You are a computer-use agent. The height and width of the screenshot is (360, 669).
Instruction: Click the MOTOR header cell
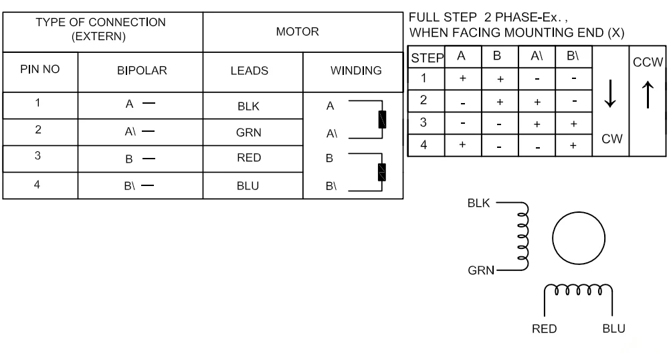pos(298,31)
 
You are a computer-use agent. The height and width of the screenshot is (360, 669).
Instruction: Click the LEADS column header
pos(249,71)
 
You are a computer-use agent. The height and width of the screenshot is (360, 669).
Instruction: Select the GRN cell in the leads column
pos(248,132)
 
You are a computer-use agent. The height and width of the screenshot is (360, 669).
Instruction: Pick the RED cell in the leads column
pos(249,158)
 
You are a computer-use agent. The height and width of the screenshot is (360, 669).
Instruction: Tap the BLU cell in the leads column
pos(248,186)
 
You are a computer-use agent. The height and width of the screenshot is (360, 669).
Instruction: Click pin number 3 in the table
pos(37,156)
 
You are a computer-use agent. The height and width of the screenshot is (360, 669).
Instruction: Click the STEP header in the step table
pos(427,58)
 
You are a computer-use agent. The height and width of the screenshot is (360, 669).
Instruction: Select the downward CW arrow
pos(610,94)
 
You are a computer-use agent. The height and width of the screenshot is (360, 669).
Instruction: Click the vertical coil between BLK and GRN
pos(523,236)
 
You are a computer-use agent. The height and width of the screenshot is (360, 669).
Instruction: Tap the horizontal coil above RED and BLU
pos(579,290)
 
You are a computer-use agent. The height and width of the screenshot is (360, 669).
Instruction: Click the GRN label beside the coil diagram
pos(481,270)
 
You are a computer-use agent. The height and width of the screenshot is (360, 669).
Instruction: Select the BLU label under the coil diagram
pos(613,329)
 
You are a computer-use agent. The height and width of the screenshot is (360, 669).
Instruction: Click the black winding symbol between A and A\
pos(382,119)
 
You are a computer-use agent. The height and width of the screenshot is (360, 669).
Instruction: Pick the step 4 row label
pos(423,145)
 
